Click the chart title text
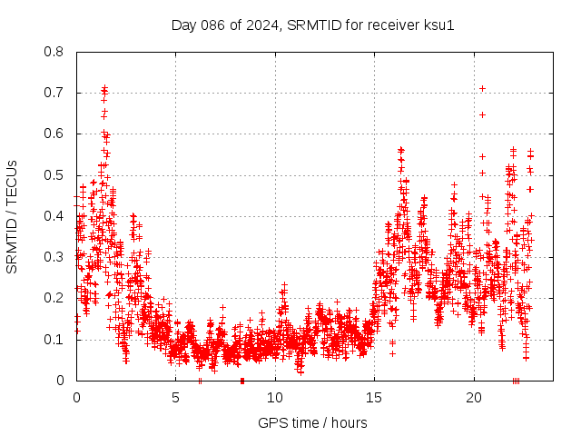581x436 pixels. point(312,25)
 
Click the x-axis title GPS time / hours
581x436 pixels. point(312,422)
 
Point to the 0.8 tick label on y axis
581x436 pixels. point(54,52)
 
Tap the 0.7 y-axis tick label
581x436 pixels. point(54,93)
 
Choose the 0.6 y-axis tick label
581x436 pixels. point(54,134)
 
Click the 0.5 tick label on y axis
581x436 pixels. point(54,174)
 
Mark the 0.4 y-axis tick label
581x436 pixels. point(54,216)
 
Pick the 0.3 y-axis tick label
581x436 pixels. point(54,257)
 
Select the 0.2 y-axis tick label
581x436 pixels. point(54,298)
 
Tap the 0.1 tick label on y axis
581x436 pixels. point(54,339)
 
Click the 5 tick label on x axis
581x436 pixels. point(176,398)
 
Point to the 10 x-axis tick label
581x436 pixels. point(275,398)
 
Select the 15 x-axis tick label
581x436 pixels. point(375,398)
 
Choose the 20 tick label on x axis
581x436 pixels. point(474,398)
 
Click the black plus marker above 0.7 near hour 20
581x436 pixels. point(482,88)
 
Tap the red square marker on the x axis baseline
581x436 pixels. point(242,381)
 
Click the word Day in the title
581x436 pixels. point(184,25)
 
